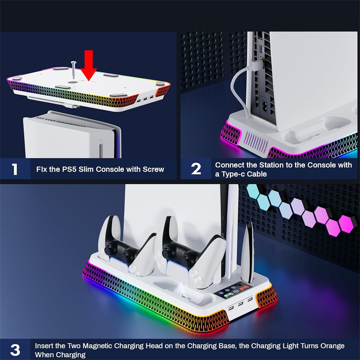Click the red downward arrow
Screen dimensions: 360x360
[89, 64]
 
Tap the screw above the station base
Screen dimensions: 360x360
[73, 70]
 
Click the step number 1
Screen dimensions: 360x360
[15, 169]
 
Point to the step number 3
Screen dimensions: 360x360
[15, 350]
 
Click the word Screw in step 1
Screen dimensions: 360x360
[153, 169]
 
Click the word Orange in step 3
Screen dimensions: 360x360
[331, 346]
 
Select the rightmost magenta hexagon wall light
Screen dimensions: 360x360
[346, 224]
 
